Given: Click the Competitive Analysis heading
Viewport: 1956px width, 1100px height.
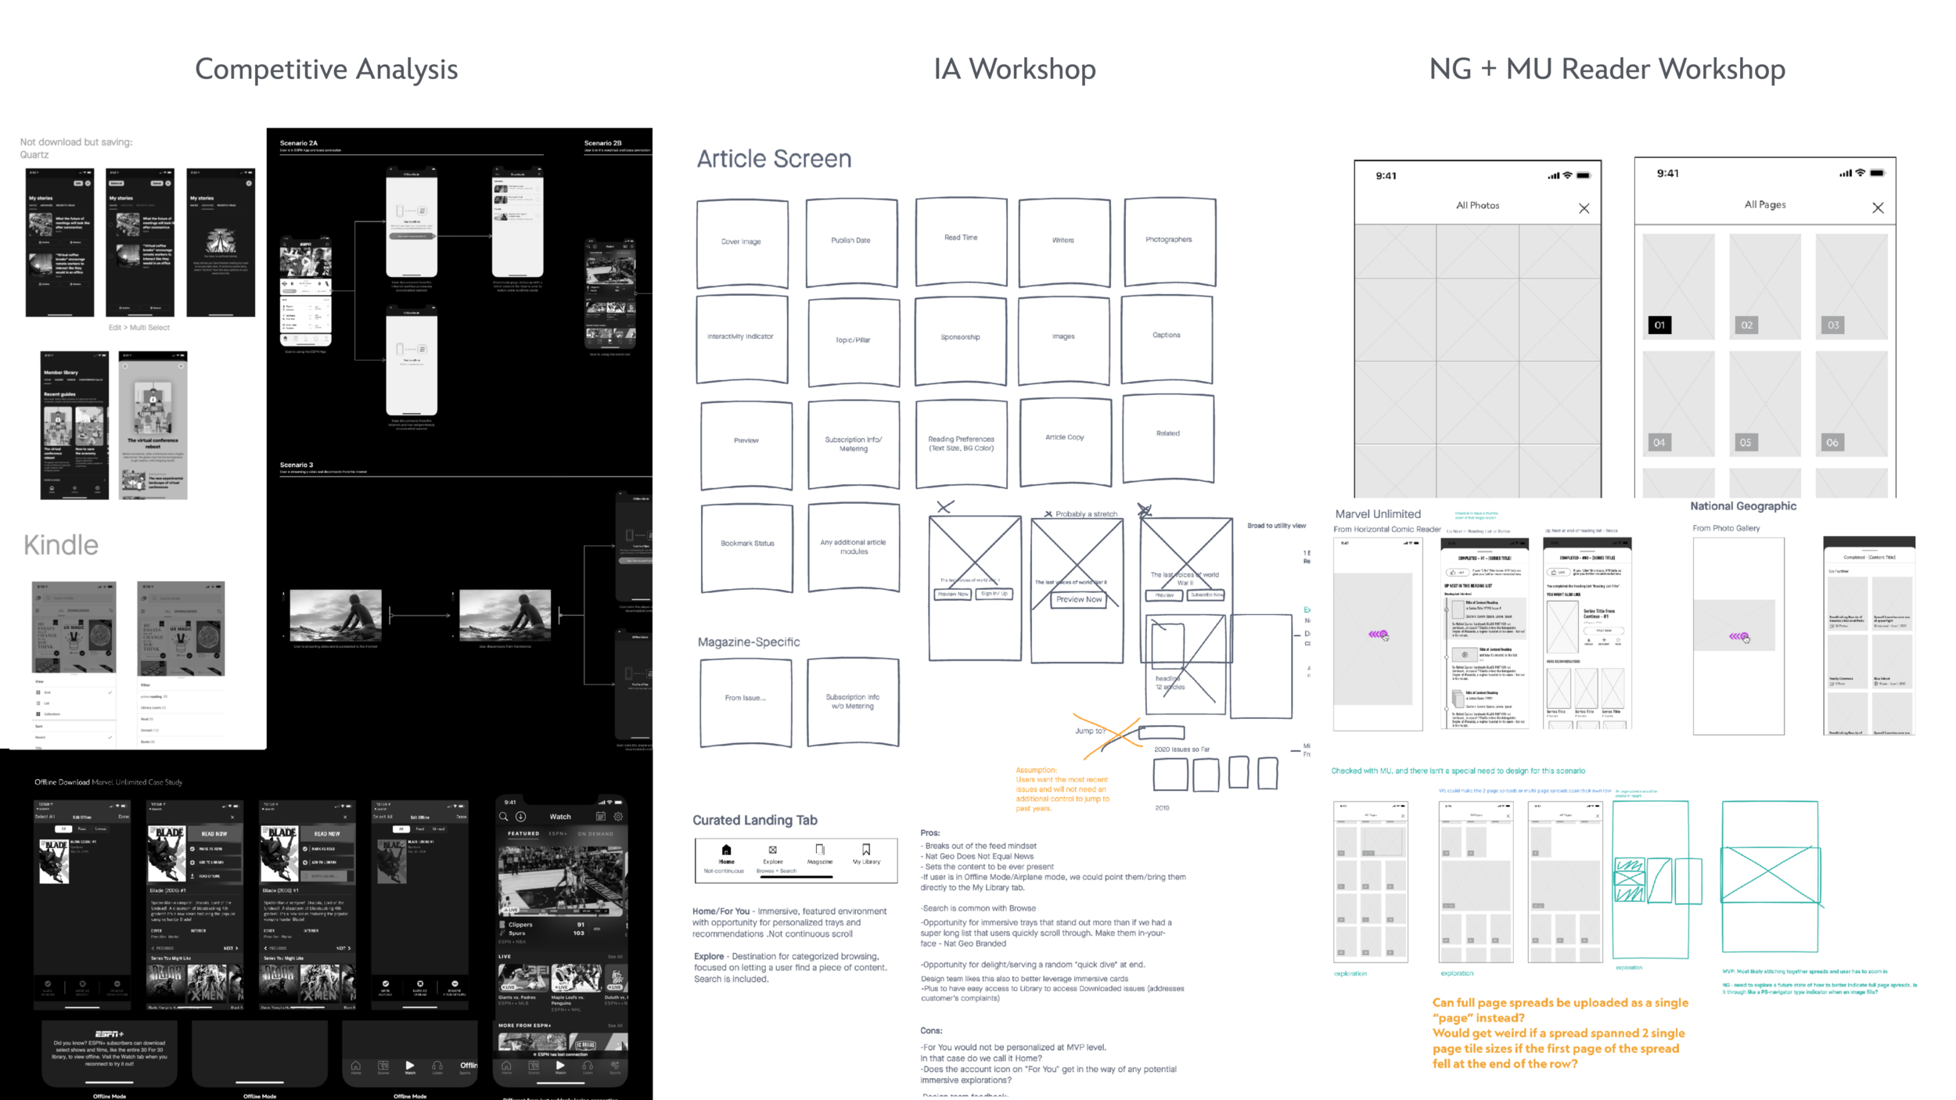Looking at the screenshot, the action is [326, 70].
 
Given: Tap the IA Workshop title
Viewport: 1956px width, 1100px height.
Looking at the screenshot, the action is [1014, 70].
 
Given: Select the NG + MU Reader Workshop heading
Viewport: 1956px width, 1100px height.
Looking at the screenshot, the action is [1607, 70].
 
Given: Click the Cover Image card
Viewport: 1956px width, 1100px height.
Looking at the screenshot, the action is [742, 243].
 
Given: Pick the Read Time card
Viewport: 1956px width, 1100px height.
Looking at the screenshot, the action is [961, 239].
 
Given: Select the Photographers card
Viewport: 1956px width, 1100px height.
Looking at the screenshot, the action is [1169, 240].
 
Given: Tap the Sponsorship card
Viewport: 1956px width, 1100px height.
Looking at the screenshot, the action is [960, 338].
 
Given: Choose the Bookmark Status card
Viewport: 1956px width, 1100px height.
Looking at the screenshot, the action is [747, 545].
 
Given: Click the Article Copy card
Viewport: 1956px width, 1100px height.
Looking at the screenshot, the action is [1065, 439].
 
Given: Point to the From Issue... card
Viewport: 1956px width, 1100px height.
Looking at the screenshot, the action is [745, 699].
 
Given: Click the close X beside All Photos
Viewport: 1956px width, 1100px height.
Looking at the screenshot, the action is [1584, 208].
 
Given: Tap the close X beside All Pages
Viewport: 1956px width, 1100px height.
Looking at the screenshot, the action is [1878, 207].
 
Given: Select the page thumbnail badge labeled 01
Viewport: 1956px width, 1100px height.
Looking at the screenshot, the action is [1659, 325].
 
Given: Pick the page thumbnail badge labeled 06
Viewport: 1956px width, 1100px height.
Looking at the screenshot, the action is [1832, 443].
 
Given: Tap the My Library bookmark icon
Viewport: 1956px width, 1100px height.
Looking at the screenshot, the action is [866, 850].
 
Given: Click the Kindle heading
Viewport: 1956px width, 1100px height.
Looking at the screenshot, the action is [61, 545].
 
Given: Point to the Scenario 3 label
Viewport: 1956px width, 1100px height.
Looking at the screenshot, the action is [297, 465].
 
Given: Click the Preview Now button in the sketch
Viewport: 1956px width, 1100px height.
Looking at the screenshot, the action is [1079, 600].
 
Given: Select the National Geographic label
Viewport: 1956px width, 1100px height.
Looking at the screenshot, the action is [1742, 506].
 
